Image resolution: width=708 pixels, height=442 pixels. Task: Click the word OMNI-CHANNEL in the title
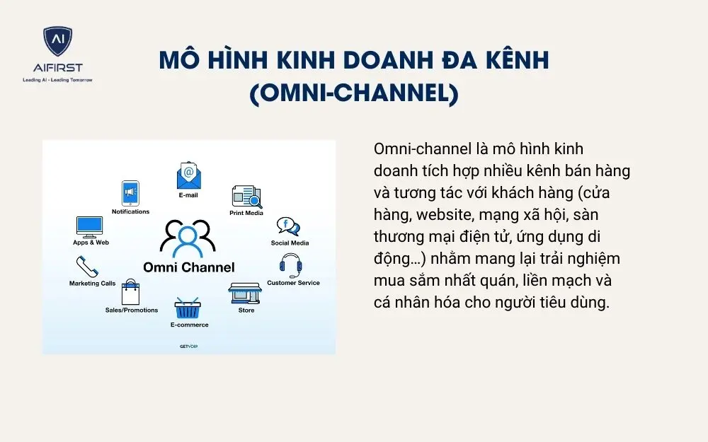click(354, 94)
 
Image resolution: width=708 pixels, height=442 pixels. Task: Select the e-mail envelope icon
click(188, 175)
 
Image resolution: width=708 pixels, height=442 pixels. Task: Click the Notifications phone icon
click(130, 193)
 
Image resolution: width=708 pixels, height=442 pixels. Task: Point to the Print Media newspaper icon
click(246, 197)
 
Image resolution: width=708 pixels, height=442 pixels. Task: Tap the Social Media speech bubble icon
click(288, 227)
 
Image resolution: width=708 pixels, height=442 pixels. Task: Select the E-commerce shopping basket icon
click(188, 308)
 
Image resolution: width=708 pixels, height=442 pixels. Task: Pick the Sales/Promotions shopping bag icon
click(131, 292)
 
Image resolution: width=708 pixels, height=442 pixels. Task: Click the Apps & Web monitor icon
click(90, 227)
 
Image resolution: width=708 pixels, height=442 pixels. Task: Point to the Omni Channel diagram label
click(188, 267)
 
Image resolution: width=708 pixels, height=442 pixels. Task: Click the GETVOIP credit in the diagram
click(188, 346)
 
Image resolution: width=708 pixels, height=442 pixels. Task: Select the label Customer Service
click(293, 283)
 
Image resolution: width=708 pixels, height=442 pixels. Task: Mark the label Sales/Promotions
click(132, 310)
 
